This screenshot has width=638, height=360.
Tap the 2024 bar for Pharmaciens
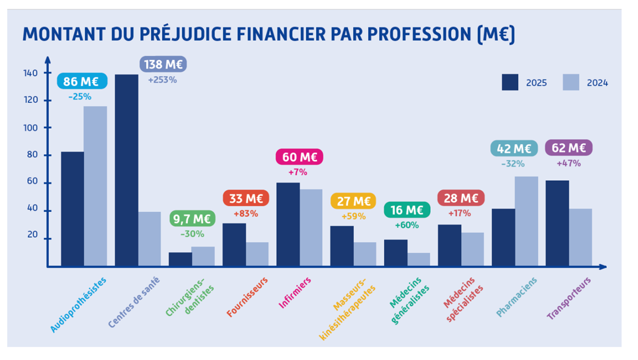(x=527, y=221)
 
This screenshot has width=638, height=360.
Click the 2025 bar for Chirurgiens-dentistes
(x=180, y=259)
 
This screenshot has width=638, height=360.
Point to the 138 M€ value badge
(x=163, y=65)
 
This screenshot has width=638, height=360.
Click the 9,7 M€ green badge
(x=192, y=218)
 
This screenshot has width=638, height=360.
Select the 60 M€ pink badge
(x=299, y=157)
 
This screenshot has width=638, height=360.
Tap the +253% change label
(x=162, y=80)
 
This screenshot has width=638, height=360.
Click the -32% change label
(x=513, y=163)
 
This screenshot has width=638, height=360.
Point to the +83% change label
(x=246, y=213)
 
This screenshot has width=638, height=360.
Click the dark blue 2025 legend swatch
(x=510, y=83)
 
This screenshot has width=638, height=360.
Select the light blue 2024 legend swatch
(x=571, y=83)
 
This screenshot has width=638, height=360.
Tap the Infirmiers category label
(x=295, y=293)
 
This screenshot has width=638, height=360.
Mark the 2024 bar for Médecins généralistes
(x=419, y=259)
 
